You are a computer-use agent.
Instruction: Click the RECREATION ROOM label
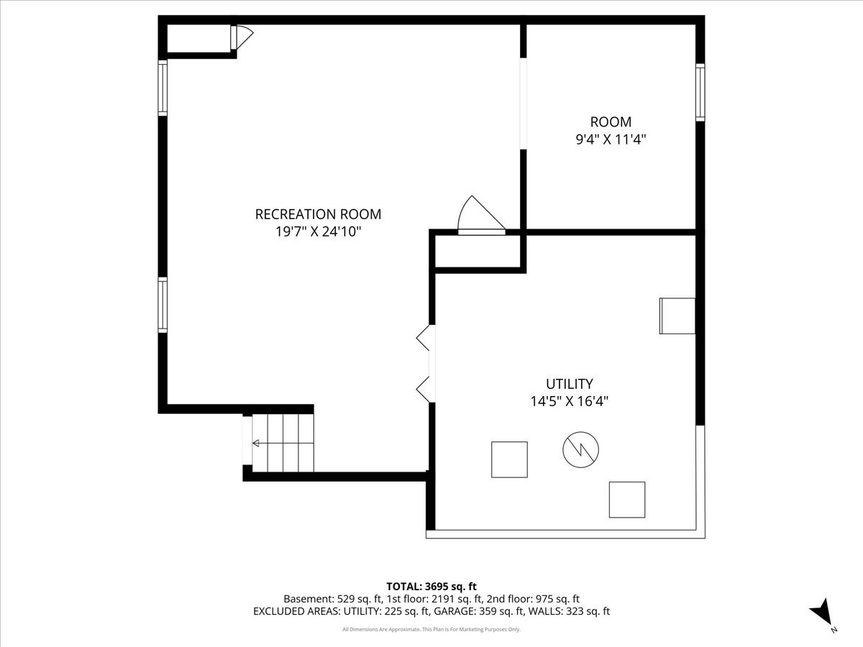tap(318, 214)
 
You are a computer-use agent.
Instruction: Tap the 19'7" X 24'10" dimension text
tap(318, 231)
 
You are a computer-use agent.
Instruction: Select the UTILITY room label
tap(570, 383)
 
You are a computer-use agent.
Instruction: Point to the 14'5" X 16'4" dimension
tap(570, 401)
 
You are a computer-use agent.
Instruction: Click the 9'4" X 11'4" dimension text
tap(611, 139)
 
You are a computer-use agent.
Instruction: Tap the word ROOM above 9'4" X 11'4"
tap(611, 121)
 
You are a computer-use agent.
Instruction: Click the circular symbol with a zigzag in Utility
tap(580, 449)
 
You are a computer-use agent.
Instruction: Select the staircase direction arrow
tap(283, 443)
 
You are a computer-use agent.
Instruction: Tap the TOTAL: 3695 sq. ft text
tap(431, 587)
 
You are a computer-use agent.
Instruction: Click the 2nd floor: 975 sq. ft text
tap(533, 599)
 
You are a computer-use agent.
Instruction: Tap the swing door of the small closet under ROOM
tap(481, 215)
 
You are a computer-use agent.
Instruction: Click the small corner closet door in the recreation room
tap(242, 37)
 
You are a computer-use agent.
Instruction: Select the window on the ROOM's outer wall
tap(700, 92)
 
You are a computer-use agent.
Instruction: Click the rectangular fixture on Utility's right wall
tap(677, 316)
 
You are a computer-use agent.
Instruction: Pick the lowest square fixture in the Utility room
tap(627, 500)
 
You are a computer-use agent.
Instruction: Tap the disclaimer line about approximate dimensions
tap(431, 629)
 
